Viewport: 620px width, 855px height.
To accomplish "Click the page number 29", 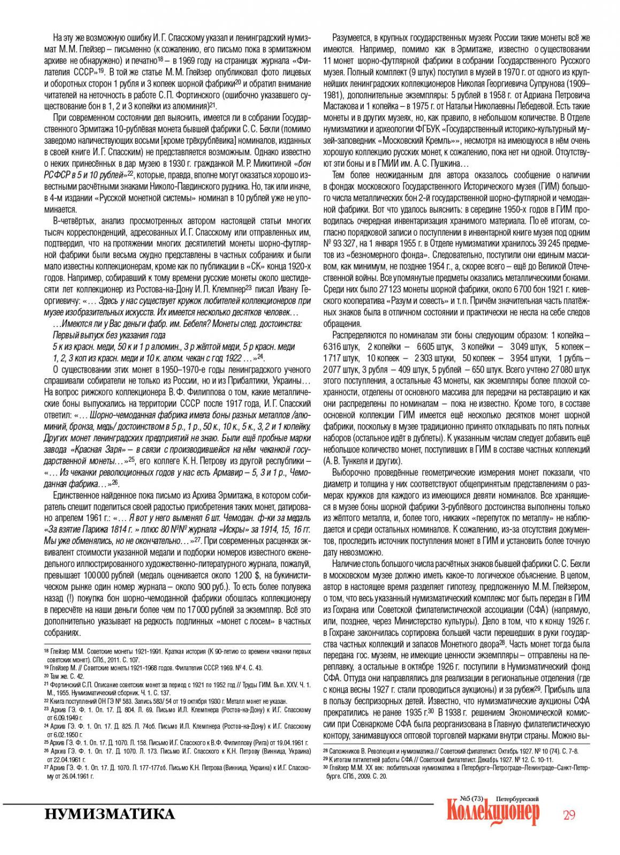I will click(x=568, y=815).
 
